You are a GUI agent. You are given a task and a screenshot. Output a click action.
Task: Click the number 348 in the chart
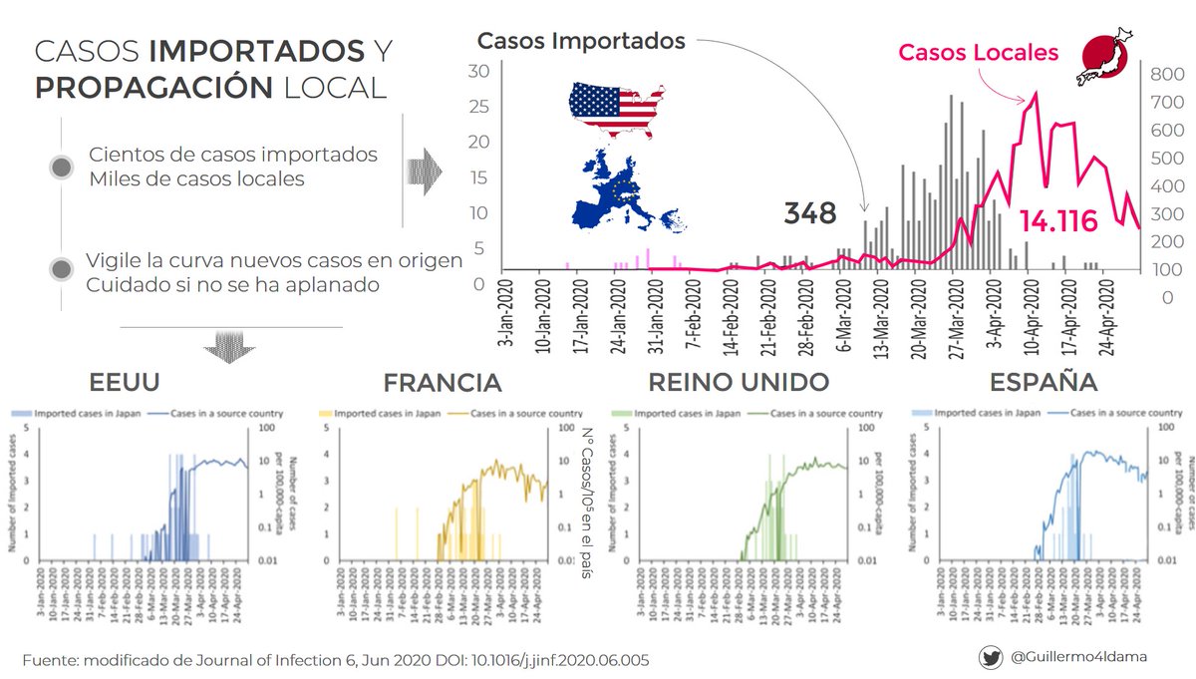(x=809, y=212)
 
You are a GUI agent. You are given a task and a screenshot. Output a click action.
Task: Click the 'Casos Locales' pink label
(x=978, y=53)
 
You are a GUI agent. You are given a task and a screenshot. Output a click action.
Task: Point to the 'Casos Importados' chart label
(x=581, y=41)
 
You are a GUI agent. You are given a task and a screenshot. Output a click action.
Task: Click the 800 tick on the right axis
(x=1165, y=74)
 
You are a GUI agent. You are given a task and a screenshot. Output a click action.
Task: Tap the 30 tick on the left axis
(x=478, y=71)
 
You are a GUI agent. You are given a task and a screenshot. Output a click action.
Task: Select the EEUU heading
(x=125, y=383)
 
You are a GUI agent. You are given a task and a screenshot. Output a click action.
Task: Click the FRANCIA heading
(x=443, y=383)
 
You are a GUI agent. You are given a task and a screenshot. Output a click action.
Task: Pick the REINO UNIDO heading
(x=738, y=383)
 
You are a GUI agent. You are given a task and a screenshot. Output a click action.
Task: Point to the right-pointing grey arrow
(x=426, y=170)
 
